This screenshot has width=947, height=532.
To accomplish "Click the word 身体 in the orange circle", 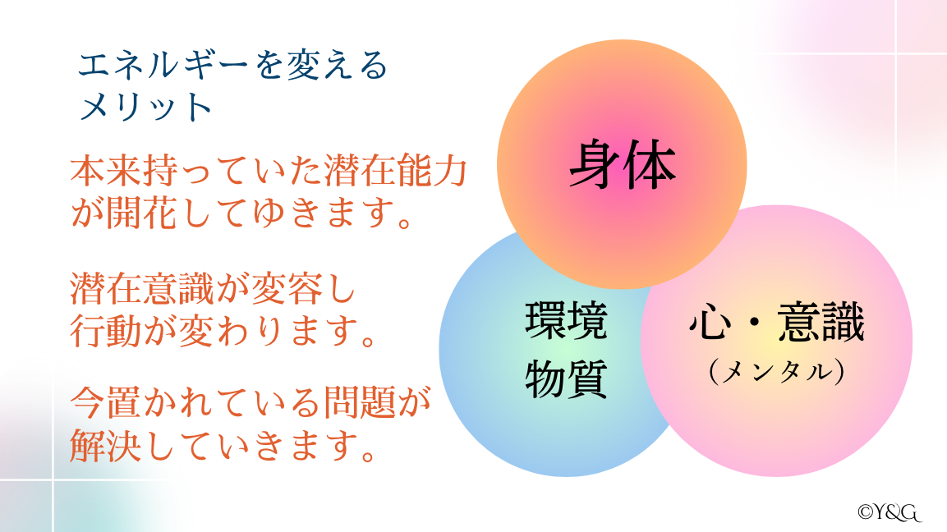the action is point(623,164).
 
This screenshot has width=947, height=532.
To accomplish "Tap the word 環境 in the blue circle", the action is point(566,321).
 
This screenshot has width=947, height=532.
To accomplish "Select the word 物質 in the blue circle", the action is point(566,379).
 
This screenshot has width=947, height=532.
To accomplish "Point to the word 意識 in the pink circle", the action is point(821,323).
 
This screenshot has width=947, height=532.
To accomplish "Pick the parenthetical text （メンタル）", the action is point(777,371).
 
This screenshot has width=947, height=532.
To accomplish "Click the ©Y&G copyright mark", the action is point(890,512).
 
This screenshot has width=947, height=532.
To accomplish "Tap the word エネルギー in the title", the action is point(163,65).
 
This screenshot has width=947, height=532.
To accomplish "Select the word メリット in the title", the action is point(145,107).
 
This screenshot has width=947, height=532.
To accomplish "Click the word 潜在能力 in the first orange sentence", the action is point(396,171).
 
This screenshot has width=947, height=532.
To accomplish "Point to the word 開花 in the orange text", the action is point(143,213).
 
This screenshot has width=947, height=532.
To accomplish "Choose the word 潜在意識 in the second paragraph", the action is point(143,289).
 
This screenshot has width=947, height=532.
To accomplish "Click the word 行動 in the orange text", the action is point(106,331).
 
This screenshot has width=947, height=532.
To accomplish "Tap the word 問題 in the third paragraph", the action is point(360,403).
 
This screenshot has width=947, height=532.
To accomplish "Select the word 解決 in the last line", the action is point(106,446).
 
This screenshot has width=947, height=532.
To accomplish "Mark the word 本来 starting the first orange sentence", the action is point(106,171).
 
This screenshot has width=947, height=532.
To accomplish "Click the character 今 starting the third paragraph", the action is point(88,403).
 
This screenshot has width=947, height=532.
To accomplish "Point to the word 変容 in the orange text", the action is point(287,289).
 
